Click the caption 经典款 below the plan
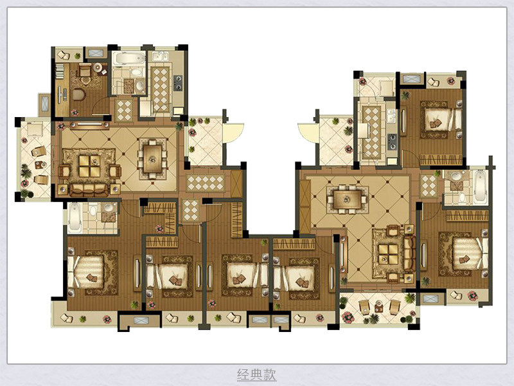(x=256, y=374)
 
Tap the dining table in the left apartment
(x=152, y=159)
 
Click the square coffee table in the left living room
(x=89, y=166)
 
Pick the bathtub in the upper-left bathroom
(x=128, y=59)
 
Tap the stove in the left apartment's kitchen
(x=179, y=82)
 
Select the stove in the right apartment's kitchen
(x=392, y=142)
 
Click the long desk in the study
(x=62, y=90)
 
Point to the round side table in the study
(x=98, y=68)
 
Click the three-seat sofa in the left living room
(x=89, y=188)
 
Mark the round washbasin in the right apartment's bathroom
(x=456, y=176)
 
